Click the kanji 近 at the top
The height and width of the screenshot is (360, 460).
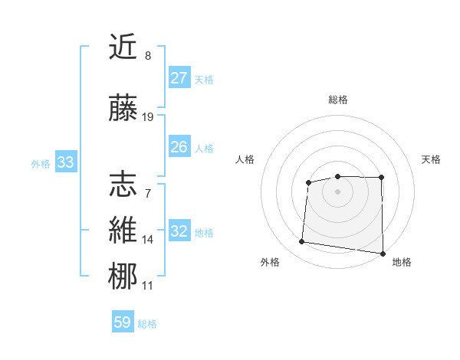(123, 48)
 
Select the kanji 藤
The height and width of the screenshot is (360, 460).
(123, 110)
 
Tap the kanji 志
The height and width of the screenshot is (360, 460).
(123, 184)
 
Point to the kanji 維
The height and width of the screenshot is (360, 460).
(123, 231)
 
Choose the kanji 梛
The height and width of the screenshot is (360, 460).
(123, 277)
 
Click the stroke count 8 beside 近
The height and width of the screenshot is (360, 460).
(148, 56)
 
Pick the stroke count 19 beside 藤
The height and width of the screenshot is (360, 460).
(148, 117)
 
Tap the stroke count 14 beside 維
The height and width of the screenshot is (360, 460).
(148, 240)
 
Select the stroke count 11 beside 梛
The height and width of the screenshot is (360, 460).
(148, 286)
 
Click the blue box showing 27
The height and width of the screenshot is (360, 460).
(179, 78)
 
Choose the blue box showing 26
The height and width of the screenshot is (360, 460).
(179, 147)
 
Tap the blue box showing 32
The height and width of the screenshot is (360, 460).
(179, 231)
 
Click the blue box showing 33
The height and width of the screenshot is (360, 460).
(65, 162)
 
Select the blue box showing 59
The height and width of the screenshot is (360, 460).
(123, 322)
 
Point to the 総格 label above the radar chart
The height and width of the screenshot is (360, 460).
(338, 100)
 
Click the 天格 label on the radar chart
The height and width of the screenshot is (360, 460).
(432, 159)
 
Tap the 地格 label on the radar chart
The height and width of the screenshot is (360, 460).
(402, 262)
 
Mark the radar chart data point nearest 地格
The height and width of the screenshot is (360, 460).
(383, 254)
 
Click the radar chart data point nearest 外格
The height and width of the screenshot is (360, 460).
(302, 242)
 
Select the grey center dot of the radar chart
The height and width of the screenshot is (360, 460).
(338, 191)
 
